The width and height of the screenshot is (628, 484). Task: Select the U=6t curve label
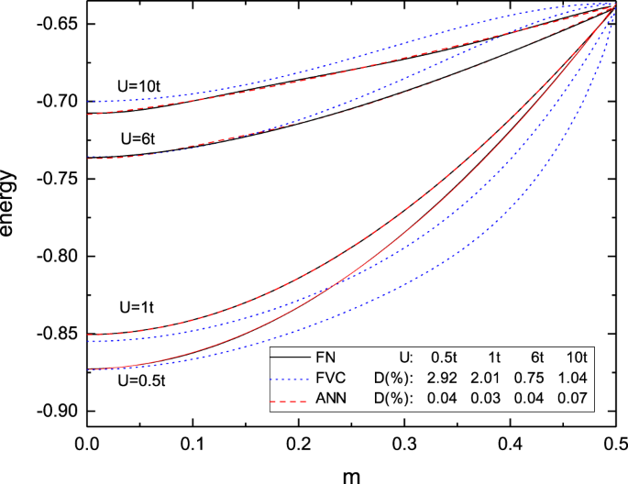pyautogui.click(x=140, y=139)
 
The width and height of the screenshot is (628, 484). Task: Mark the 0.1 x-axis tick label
pyautogui.click(x=193, y=442)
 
